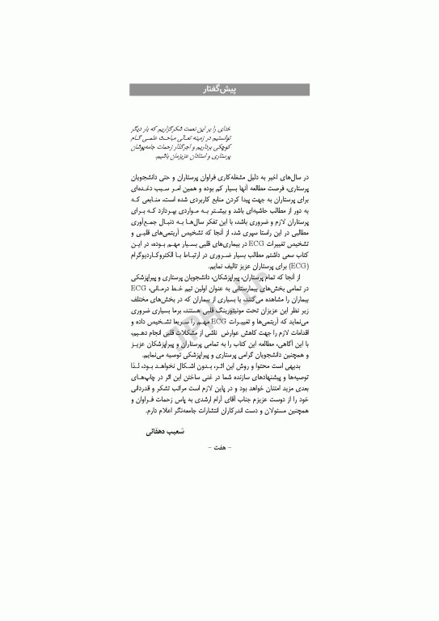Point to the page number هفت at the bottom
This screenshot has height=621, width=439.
click(x=220, y=446)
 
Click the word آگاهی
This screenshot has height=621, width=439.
click(x=283, y=342)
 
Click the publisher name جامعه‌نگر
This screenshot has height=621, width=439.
click(x=172, y=411)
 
